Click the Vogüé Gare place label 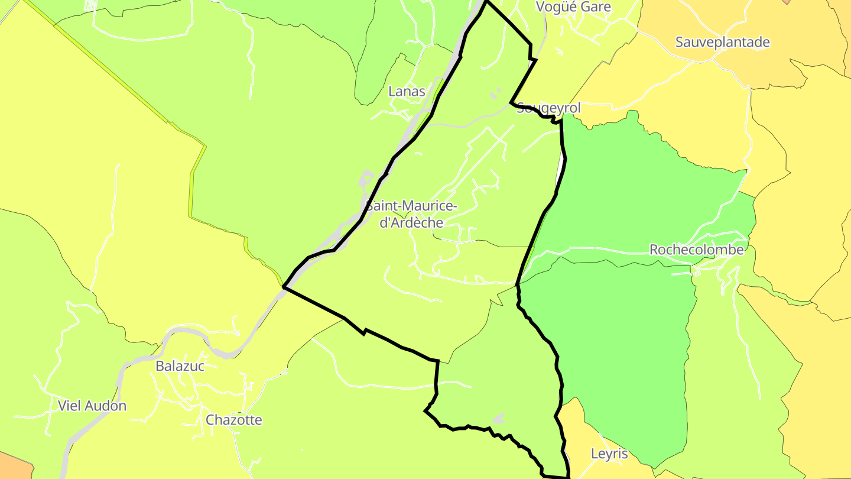tap(573, 7)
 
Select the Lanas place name tap(407, 91)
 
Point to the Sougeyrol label tap(549, 108)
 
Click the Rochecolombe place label tap(696, 250)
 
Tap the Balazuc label tap(180, 366)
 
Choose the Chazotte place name tap(233, 420)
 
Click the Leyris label tap(609, 454)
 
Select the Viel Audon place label tap(92, 406)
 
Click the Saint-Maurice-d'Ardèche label tap(411, 214)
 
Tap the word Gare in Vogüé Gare tap(598, 7)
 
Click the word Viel tap(69, 406)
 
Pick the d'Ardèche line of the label tap(411, 223)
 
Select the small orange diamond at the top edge tap(787, 1)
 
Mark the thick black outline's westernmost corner tap(284, 287)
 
